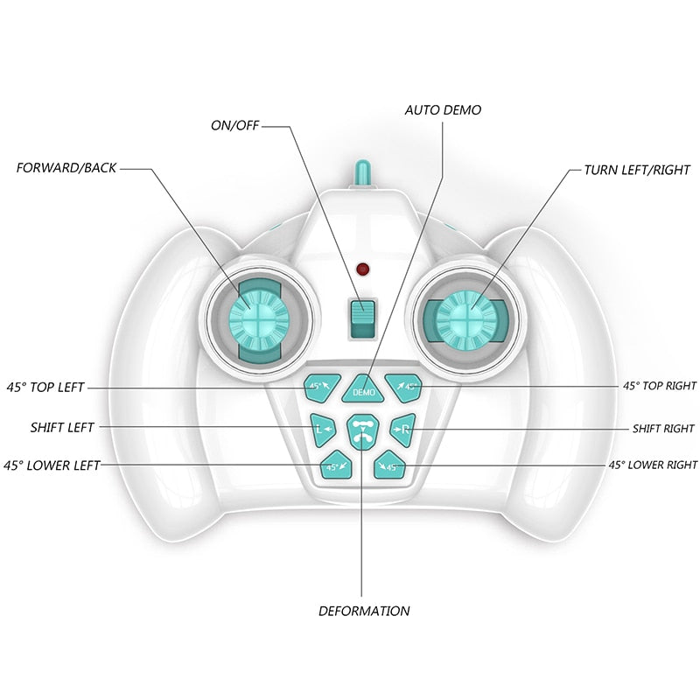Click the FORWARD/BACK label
click(66, 166)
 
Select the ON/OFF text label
click(235, 125)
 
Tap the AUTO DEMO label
click(443, 110)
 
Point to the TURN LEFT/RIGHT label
click(637, 170)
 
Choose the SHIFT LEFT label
click(62, 428)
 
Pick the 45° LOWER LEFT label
click(52, 465)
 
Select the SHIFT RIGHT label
click(663, 429)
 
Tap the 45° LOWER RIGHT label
click(653, 465)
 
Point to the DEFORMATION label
click(364, 611)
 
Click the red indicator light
click(361, 268)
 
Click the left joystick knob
click(259, 312)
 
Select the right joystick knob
click(465, 315)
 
